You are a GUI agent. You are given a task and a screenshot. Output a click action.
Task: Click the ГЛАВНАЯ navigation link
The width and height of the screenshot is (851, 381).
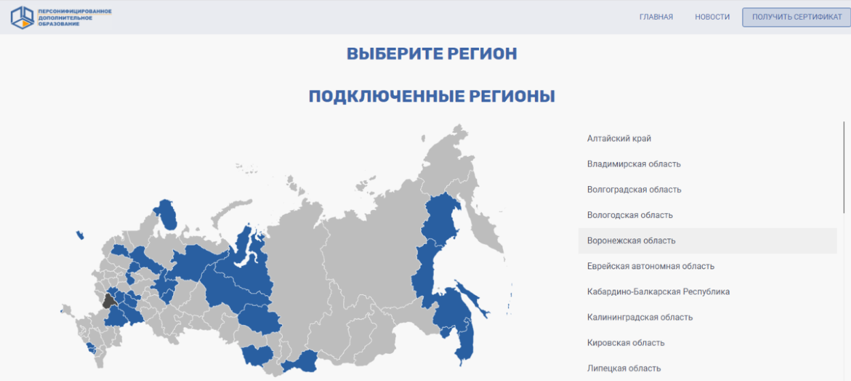655,17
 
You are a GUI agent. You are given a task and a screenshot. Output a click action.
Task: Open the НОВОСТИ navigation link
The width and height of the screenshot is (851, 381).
712,17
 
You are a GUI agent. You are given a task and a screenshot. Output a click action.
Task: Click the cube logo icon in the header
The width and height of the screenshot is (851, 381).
22,18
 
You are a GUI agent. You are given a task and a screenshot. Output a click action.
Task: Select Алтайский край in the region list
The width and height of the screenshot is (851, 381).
619,138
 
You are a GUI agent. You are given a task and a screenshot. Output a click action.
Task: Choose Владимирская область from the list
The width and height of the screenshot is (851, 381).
634,164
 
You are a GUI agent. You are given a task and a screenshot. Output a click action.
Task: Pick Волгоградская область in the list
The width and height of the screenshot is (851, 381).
634,189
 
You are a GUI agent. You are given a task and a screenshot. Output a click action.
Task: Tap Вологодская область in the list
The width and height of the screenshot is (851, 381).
630,215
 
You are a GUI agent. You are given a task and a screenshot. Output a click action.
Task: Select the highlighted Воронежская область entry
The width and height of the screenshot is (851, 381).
631,241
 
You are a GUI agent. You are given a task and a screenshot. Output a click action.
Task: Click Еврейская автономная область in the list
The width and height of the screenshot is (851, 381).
651,266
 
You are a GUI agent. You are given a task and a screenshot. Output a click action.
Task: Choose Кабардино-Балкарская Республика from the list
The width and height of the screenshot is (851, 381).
658,291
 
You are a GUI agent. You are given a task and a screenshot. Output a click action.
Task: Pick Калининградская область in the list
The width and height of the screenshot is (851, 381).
640,317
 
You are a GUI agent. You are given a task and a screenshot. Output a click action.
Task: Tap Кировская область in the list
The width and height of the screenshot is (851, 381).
625,343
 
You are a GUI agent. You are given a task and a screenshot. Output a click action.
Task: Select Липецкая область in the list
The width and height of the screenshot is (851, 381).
624,368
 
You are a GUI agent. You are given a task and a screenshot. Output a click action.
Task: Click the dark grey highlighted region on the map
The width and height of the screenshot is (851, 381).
110,301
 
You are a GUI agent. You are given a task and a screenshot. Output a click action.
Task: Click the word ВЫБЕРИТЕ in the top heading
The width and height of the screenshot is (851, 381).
394,54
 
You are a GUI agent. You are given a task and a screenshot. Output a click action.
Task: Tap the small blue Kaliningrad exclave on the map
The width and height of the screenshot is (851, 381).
80,235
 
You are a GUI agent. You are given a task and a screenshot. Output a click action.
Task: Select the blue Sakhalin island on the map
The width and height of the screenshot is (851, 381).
472,299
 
